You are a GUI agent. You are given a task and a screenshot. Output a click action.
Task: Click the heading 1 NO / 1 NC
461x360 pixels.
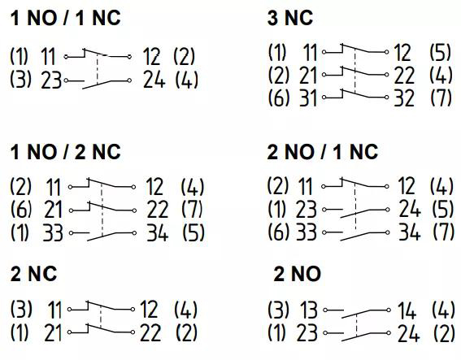point(65,18)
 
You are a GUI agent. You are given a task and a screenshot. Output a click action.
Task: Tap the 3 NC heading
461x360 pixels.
point(290,18)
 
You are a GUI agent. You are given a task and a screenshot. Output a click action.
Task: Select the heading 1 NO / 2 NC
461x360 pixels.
point(65,152)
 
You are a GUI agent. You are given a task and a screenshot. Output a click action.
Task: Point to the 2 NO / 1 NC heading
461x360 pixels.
point(323,152)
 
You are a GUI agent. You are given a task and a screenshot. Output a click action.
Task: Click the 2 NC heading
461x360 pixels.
point(33,274)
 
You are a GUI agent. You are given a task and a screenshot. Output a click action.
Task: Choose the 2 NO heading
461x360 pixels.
point(298,274)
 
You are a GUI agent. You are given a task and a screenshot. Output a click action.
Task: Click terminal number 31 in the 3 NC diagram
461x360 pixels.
point(308,98)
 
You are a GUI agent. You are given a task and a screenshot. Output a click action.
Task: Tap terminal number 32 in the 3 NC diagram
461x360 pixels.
point(404,98)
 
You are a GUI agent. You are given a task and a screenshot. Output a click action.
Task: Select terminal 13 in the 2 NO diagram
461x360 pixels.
point(308,310)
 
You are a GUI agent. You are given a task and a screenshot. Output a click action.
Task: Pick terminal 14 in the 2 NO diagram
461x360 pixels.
point(407,310)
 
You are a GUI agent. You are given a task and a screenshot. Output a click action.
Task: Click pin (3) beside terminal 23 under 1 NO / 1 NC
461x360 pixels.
point(20,80)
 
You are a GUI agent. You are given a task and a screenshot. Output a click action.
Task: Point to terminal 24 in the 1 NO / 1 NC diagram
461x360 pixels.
point(154,80)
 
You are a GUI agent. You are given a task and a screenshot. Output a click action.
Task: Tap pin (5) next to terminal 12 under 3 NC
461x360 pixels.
point(440,52)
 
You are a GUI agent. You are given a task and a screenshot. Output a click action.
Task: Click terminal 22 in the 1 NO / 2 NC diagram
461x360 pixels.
point(157,210)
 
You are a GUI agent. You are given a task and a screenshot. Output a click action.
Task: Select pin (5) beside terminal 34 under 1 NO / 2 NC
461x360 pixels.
point(194,232)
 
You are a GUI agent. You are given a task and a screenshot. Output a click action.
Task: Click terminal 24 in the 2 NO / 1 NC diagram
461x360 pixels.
point(410,209)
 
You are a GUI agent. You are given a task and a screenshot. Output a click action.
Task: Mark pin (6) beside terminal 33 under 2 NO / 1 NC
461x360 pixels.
point(278,232)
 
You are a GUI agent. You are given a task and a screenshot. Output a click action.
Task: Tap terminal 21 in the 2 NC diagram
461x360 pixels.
point(53,333)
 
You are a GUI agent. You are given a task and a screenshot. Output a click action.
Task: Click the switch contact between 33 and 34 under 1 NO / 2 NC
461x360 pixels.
point(103,235)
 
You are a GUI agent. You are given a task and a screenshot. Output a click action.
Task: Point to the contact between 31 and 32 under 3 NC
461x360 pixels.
point(355,94)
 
